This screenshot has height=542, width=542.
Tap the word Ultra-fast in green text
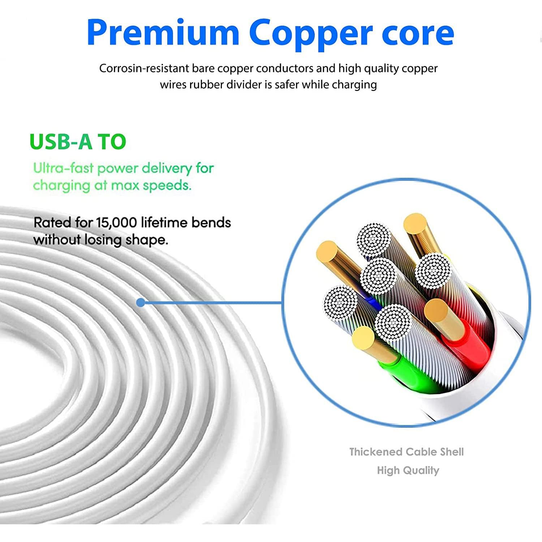click(63, 168)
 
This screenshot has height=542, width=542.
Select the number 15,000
click(117, 223)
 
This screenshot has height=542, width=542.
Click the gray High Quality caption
click(408, 470)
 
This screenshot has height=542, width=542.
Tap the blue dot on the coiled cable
click(141, 303)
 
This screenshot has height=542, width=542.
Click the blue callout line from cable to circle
click(213, 303)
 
